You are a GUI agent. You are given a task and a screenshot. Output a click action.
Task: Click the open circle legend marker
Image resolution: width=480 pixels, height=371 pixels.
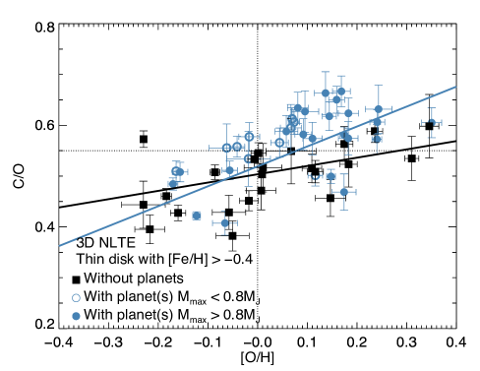click(76, 297)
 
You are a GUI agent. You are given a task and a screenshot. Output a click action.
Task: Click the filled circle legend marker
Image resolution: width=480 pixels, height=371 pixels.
click(76, 316)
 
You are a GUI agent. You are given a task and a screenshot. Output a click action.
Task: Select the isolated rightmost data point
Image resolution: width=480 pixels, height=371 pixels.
click(432, 122)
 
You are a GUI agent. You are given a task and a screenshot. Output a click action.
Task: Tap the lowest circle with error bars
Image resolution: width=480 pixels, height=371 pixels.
click(224, 223)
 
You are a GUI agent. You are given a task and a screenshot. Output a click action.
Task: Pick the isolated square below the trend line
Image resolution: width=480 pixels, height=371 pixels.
click(197, 216)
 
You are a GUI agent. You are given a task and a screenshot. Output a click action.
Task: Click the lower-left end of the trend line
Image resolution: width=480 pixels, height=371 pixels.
click(60, 245)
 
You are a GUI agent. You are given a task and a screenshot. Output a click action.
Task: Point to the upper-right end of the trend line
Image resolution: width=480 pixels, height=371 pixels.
click(455, 87)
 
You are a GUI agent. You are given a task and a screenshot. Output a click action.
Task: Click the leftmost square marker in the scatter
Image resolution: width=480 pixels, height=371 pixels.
click(172, 183)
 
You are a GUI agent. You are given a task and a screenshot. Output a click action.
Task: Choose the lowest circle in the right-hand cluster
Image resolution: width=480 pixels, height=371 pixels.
click(344, 192)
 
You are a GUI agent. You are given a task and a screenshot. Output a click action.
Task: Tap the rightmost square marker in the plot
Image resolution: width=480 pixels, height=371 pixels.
click(378, 139)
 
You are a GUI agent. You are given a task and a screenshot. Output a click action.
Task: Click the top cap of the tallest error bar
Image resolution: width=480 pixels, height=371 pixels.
click(326, 71)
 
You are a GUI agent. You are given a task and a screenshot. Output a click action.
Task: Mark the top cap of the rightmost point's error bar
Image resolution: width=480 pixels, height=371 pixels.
click(432, 108)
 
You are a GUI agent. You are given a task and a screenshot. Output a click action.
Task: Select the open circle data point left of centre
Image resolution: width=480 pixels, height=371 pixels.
click(226, 148)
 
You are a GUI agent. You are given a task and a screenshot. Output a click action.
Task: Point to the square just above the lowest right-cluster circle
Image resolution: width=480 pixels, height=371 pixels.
click(330, 176)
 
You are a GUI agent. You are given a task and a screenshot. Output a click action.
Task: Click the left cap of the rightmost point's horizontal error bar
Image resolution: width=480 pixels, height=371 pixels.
click(422, 122)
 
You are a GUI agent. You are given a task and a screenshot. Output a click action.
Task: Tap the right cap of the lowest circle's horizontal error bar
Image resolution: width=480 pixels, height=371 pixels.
click(236, 223)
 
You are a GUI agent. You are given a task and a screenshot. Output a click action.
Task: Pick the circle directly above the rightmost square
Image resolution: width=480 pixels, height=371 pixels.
click(378, 121)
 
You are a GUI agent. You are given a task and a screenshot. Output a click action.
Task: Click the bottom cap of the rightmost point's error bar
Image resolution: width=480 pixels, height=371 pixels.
click(432, 137)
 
